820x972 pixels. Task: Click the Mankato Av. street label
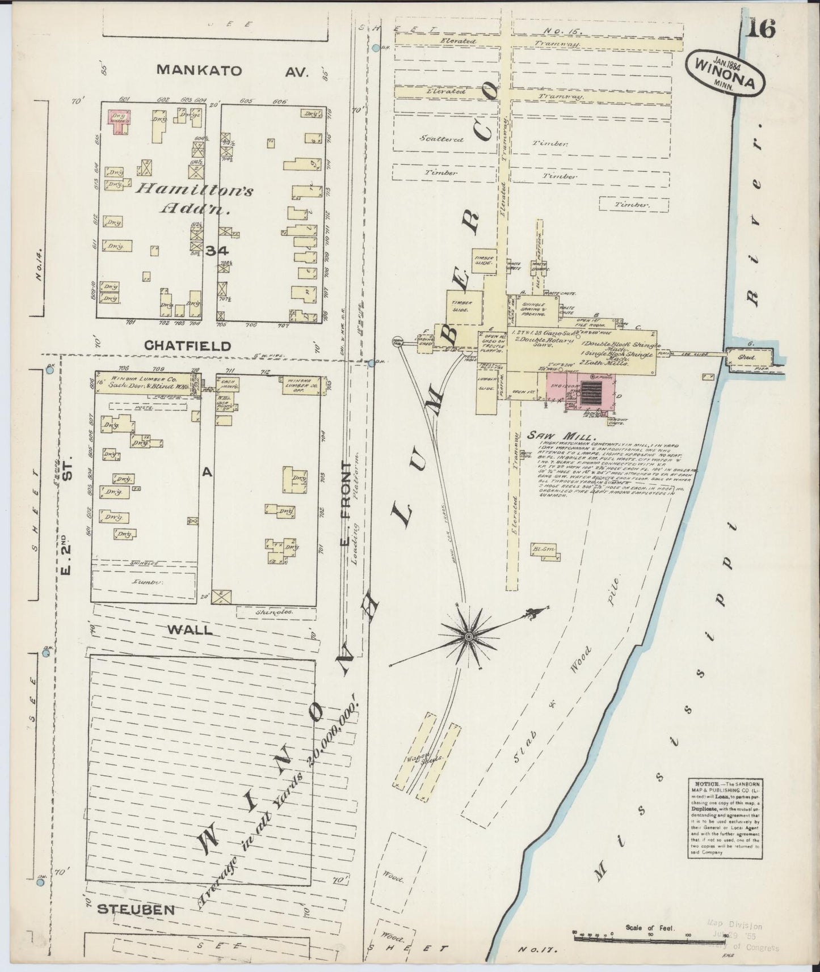pyautogui.click(x=232, y=71)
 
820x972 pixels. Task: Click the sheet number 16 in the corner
pyautogui.click(x=760, y=28)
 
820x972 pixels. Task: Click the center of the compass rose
pyautogui.click(x=469, y=637)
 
